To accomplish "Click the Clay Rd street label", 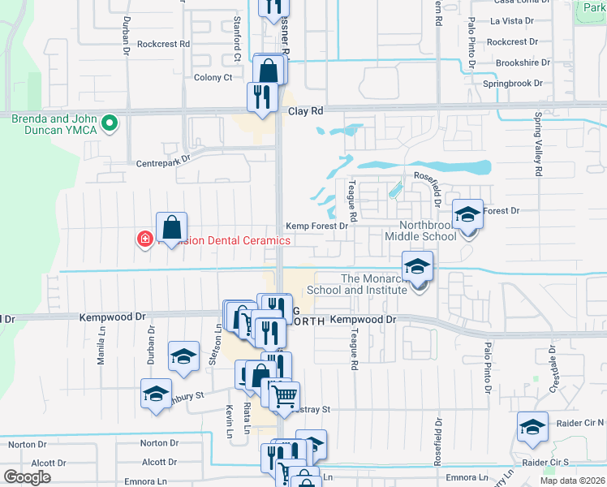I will point(306,110).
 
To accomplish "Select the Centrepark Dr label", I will point(163,161).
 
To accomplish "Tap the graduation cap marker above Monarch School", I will point(417,267).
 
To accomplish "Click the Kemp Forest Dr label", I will point(317,226).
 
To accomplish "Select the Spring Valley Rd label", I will point(537,150).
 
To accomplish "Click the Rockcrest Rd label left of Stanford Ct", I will point(163,44).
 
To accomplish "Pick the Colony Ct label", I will point(213,77).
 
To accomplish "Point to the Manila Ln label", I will point(101,350).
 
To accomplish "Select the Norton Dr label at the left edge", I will point(22,444).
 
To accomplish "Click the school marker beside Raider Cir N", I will point(532,427).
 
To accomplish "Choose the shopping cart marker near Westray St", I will point(284,397).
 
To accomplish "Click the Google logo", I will point(28,477).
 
